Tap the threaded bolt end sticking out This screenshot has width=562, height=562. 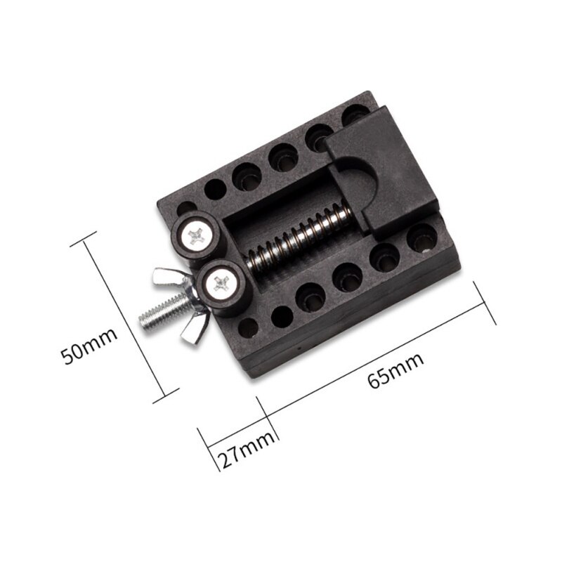coord(159,313)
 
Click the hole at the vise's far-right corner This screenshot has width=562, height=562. coord(422,240)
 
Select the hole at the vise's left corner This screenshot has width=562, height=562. coord(186,209)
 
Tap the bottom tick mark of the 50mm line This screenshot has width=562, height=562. coord(166,398)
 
